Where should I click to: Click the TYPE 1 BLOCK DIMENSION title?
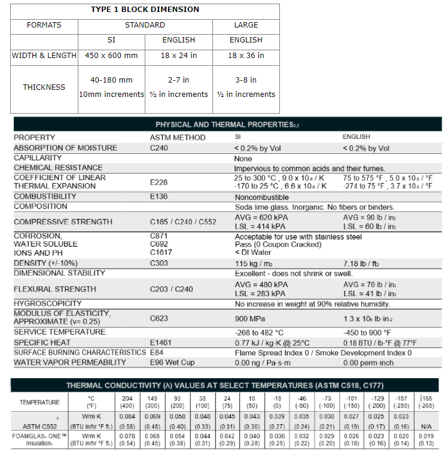point(145,10)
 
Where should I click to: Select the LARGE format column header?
point(246,25)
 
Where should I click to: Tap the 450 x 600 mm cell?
point(111,56)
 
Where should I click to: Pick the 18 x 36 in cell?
point(246,56)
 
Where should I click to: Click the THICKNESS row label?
point(44,87)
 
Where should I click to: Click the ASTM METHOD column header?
point(178,137)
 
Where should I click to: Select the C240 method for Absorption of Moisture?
point(159,148)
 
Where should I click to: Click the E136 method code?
point(159,196)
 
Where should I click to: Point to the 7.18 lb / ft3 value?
point(364,263)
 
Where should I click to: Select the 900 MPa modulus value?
point(250,319)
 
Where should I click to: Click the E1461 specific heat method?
point(161,342)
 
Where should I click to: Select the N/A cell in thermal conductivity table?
point(425,427)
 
